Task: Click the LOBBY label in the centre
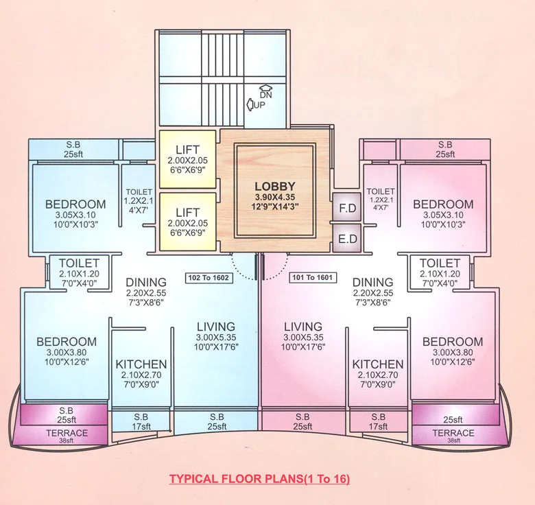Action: (x=274, y=186)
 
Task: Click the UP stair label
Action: (x=259, y=105)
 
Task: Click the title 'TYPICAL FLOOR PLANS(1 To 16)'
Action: (x=259, y=478)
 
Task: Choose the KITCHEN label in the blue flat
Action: (x=141, y=364)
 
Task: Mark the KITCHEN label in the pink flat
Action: (x=378, y=364)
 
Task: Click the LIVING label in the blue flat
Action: (x=215, y=327)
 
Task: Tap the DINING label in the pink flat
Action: (x=373, y=282)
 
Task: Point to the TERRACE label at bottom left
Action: (x=67, y=433)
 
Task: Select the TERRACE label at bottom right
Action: (x=453, y=433)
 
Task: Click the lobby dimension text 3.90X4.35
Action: (x=274, y=196)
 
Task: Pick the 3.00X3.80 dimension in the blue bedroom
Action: (x=67, y=352)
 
